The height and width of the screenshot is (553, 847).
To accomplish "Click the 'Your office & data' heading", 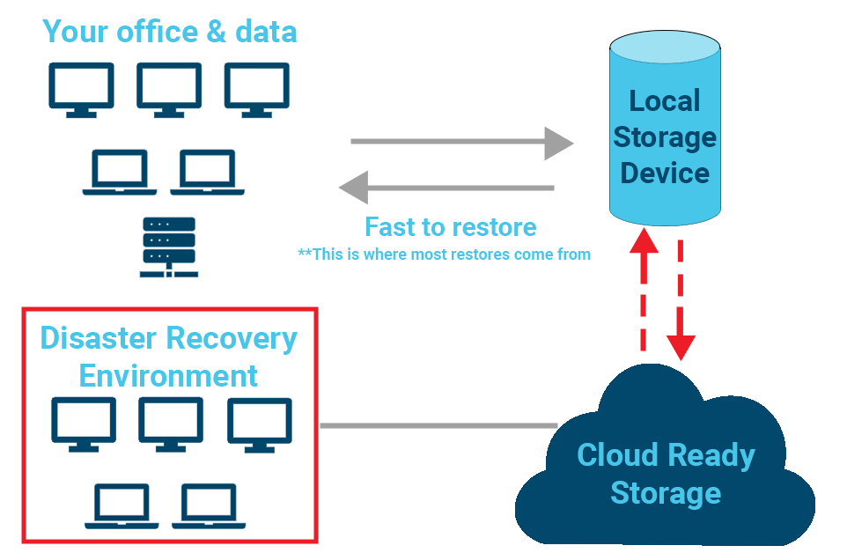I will pos(170,32).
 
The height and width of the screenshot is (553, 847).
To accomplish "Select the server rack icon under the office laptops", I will pos(168,247).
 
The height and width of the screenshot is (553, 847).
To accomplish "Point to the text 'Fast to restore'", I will pos(450,226).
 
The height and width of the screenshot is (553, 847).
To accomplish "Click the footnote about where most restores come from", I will pos(444,254).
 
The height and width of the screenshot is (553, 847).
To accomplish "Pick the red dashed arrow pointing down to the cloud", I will pos(682,299).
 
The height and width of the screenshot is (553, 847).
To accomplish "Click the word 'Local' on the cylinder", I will pos(665,100).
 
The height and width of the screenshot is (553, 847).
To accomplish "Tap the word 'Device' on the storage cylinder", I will pos(665,173).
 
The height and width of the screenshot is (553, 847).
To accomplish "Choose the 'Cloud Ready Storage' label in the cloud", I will pos(666,474).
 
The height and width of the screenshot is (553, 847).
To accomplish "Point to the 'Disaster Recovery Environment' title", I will pos(169,357).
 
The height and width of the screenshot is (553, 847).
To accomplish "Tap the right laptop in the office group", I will pos(207,173).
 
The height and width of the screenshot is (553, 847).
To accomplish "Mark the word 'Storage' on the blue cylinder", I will pos(665,137).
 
